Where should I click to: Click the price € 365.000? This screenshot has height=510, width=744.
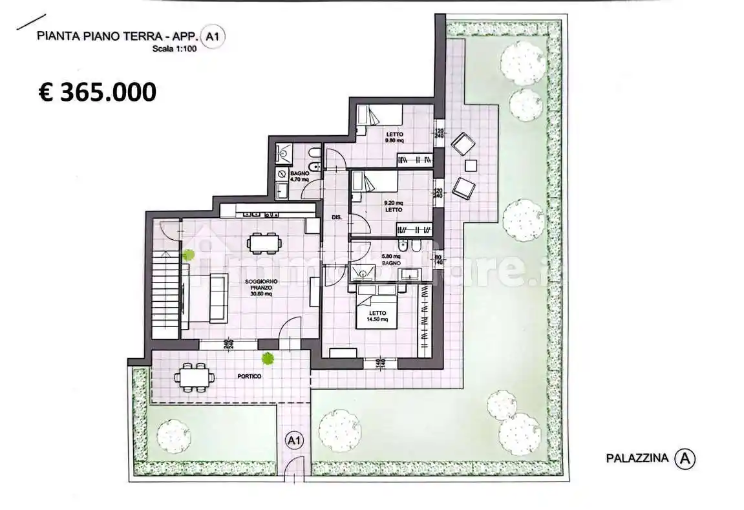click(97, 92)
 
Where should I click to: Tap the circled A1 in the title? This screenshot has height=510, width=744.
click(211, 37)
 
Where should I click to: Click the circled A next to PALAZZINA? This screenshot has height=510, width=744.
click(685, 459)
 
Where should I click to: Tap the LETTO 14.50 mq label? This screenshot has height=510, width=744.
click(377, 316)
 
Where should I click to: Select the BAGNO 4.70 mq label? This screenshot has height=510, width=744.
click(299, 176)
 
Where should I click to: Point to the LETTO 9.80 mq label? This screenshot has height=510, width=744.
click(394, 138)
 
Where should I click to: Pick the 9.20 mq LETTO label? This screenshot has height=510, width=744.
click(393, 206)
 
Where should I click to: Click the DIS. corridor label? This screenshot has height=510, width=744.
click(336, 218)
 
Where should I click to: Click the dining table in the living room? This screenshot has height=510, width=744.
click(264, 244)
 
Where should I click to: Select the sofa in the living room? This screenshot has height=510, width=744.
click(211, 297)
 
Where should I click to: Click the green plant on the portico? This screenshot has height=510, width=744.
click(267, 357)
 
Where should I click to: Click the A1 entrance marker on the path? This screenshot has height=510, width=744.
click(294, 441)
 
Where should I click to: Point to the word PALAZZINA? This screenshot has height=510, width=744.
click(636, 459)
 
